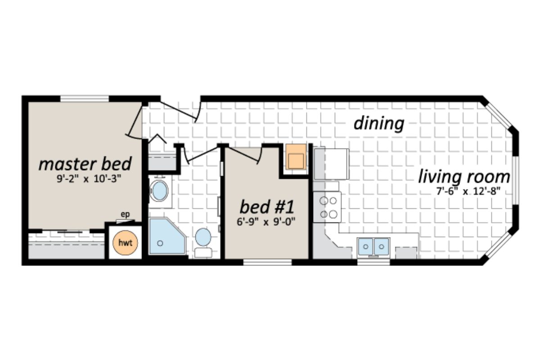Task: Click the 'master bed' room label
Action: click(x=85, y=164)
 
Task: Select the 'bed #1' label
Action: click(x=267, y=207)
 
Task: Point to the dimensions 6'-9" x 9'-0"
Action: click(x=267, y=221)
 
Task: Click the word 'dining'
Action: click(x=378, y=123)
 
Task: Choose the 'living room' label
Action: click(x=464, y=177)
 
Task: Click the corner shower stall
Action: click(x=165, y=237)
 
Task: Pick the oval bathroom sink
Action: click(x=159, y=192)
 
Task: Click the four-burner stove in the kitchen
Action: click(x=327, y=207)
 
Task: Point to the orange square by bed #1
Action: click(x=296, y=157)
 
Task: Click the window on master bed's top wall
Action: click(x=85, y=99)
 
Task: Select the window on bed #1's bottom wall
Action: click(x=267, y=262)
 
